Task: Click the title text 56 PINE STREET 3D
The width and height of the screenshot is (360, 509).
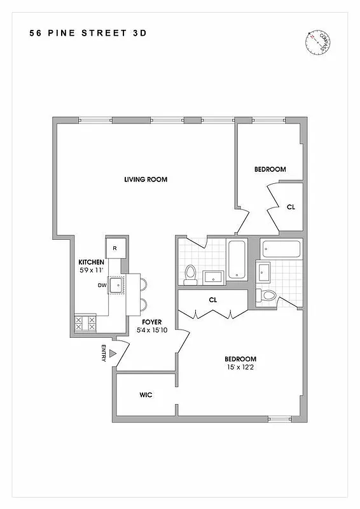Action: (x=87, y=33)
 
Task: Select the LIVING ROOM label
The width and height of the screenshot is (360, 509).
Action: (x=146, y=179)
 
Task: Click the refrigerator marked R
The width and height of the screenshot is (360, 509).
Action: (x=115, y=248)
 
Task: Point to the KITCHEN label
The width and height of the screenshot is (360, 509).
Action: (x=91, y=262)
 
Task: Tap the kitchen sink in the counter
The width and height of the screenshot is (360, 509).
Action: (x=117, y=286)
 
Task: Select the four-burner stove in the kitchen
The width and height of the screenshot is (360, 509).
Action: (x=85, y=324)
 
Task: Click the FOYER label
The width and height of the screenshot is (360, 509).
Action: (x=151, y=322)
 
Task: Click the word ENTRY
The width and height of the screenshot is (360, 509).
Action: (x=103, y=354)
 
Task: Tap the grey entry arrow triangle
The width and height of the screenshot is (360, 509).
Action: (x=113, y=354)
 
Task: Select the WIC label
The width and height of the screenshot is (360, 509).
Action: (x=146, y=395)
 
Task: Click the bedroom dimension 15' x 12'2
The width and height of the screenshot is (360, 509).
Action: (x=240, y=367)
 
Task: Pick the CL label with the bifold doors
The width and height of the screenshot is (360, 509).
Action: (x=213, y=299)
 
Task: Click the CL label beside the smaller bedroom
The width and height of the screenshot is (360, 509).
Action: (x=291, y=207)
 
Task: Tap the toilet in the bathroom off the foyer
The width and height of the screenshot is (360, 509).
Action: (x=189, y=274)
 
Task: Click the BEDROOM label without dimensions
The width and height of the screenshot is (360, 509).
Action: (x=270, y=169)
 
